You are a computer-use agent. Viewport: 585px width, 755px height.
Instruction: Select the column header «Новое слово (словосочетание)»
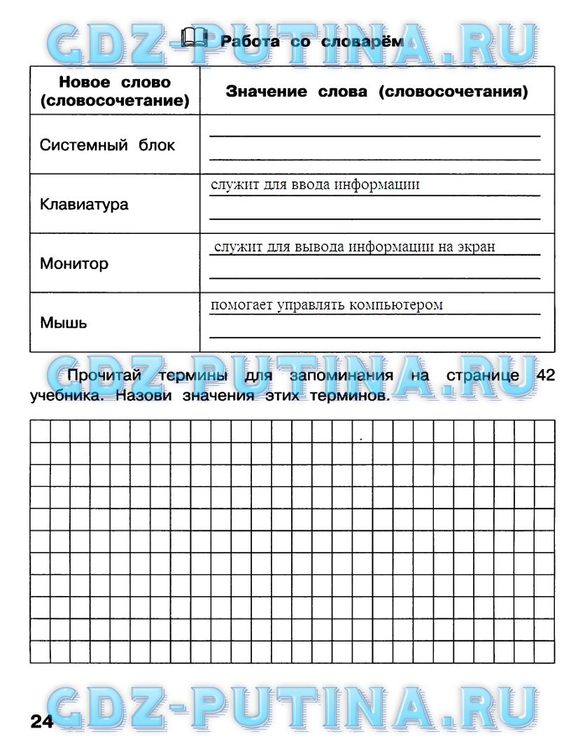(115, 92)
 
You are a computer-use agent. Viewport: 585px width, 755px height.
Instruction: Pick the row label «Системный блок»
(107, 146)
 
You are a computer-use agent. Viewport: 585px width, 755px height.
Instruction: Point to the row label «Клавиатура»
(84, 205)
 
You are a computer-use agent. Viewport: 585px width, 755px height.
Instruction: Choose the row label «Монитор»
(74, 264)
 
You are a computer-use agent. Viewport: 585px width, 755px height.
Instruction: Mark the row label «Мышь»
(64, 323)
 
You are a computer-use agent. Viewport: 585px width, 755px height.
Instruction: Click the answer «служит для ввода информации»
(315, 185)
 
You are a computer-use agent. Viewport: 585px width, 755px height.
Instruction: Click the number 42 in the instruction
(545, 375)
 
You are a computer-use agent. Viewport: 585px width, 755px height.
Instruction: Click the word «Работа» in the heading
(250, 42)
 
